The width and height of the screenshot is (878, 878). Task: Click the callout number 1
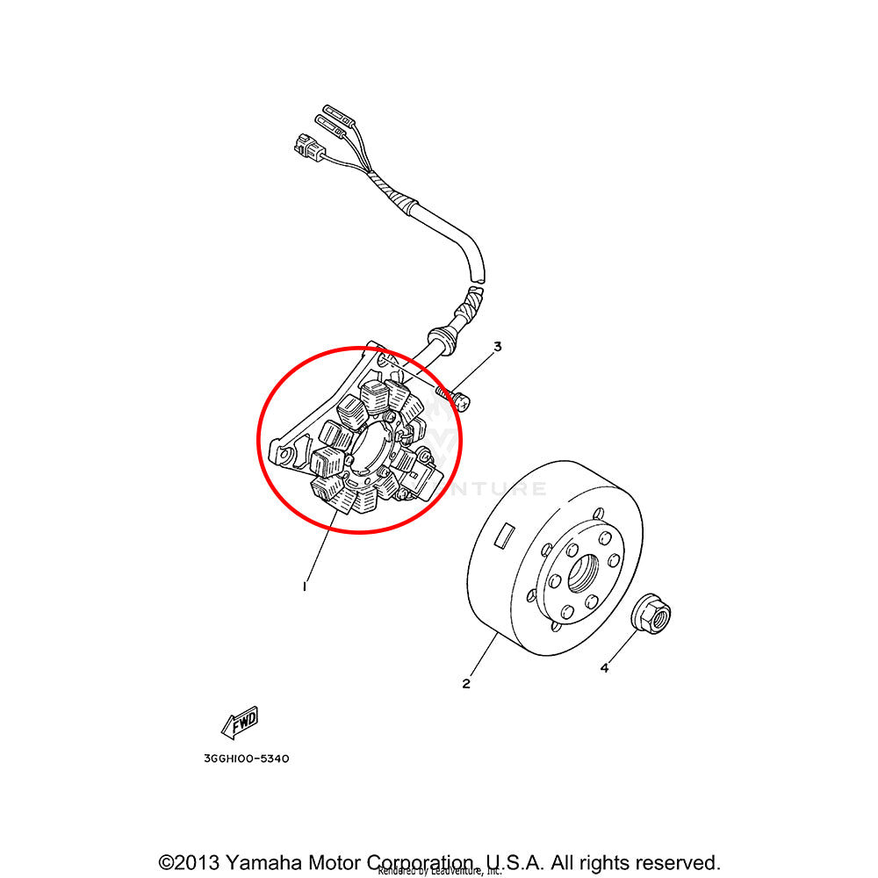pos(305,586)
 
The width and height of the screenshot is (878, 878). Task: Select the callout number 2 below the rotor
pos(466,683)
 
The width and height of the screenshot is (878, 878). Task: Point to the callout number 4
pos(604,669)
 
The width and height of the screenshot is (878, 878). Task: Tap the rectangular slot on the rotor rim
pos(506,535)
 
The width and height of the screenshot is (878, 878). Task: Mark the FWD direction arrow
pos(239,722)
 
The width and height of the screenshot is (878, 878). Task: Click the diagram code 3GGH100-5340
pos(240,759)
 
